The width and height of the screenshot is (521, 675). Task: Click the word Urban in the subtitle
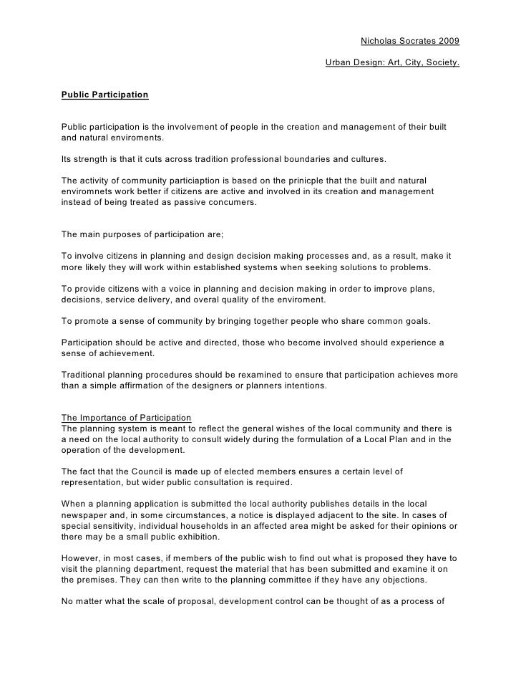pos(339,64)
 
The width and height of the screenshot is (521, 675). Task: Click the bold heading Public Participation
pos(104,95)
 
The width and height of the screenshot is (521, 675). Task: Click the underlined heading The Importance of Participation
pos(127,418)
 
